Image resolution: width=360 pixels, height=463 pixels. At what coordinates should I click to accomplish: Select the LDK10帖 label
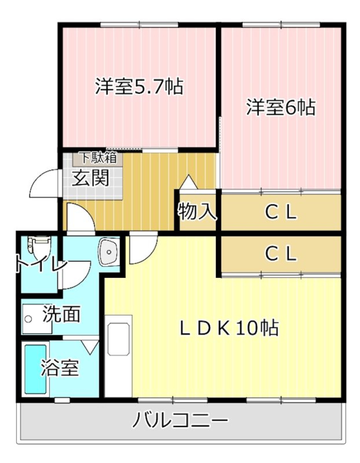tap(228, 328)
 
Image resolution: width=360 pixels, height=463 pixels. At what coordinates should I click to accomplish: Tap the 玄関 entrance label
tap(90, 178)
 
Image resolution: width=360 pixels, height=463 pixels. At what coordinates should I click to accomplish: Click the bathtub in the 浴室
tap(36, 369)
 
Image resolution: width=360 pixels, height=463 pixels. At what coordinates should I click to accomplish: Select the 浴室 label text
tap(60, 368)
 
